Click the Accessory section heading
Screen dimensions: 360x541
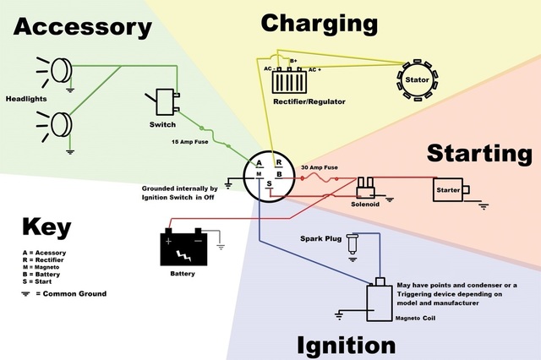[x=82, y=27]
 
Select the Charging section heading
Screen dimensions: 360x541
[x=320, y=23]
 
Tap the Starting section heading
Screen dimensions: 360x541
[x=478, y=154]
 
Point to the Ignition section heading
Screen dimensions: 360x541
[x=346, y=345]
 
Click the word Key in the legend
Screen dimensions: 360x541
[x=46, y=227]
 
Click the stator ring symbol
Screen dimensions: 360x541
[x=418, y=79]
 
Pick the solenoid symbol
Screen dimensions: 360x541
[x=367, y=187]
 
